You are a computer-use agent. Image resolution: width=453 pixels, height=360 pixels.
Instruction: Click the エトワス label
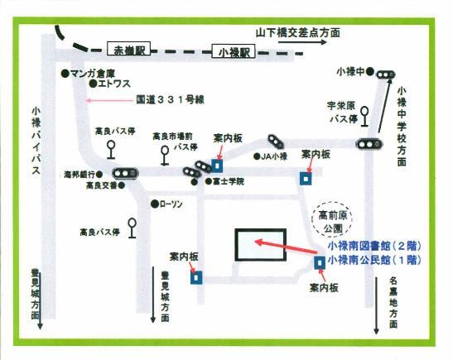(x=113, y=84)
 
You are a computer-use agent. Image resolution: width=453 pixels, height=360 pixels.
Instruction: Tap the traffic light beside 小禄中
(x=383, y=75)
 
